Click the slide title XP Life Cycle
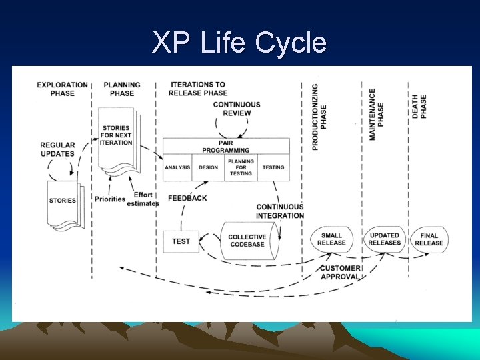click(x=239, y=43)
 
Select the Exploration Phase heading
click(x=62, y=89)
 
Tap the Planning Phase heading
click(x=121, y=89)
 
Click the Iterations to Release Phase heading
click(x=198, y=89)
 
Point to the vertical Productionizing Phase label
click(x=319, y=116)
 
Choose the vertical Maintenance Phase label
click(x=376, y=114)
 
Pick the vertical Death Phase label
click(x=419, y=107)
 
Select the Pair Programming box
click(x=227, y=147)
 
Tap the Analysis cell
click(x=177, y=167)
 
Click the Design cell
click(x=208, y=167)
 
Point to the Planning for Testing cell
click(x=241, y=167)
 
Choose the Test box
click(x=181, y=241)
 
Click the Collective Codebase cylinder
click(x=247, y=241)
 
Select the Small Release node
click(x=331, y=239)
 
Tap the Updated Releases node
click(x=385, y=239)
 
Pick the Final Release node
click(x=429, y=239)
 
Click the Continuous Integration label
click(x=280, y=211)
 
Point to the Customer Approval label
click(x=340, y=273)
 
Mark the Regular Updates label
click(x=57, y=149)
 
